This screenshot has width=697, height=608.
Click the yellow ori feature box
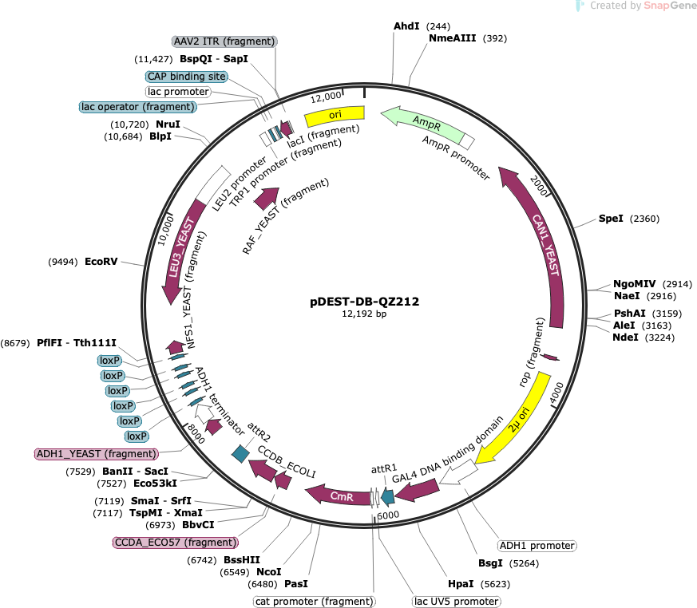[335, 116]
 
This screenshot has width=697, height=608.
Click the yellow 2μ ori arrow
[516, 422]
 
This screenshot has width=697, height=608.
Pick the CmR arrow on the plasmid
[340, 495]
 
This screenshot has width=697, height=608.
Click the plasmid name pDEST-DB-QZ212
[365, 302]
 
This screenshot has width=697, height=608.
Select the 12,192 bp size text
[364, 314]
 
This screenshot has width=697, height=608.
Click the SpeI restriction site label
[611, 219]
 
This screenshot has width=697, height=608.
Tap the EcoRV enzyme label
[101, 262]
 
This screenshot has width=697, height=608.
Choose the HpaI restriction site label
[461, 584]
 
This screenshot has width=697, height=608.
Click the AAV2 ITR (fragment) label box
[224, 41]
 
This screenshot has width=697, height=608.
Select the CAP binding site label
[187, 77]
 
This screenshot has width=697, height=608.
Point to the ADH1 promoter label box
[537, 546]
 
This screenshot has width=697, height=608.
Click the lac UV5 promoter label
[457, 602]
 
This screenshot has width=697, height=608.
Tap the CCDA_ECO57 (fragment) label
[176, 543]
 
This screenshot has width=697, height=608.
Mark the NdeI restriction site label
[625, 338]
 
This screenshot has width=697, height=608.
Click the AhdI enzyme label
[406, 26]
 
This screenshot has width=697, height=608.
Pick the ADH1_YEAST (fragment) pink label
[97, 454]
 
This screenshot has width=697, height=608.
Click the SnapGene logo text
[670, 6]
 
